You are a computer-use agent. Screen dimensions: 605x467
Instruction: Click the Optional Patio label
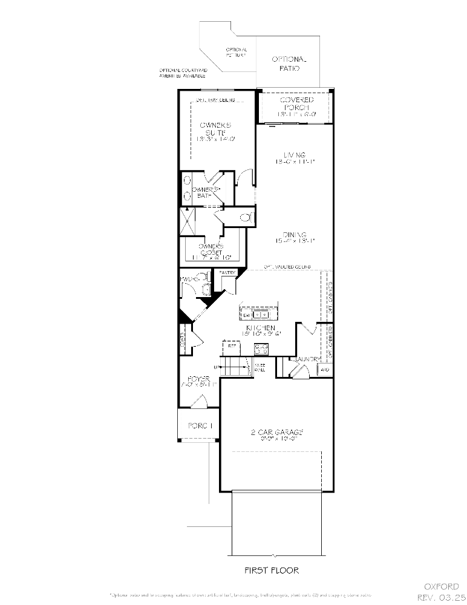[x=289, y=64]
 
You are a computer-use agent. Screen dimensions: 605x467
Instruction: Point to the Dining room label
[x=295, y=238]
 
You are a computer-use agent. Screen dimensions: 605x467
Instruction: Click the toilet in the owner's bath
[x=245, y=217]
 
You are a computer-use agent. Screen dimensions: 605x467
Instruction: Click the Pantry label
[x=227, y=273]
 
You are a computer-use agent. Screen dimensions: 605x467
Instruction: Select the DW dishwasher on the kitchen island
[x=247, y=315]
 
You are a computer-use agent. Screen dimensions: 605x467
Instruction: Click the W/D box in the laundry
[x=324, y=369]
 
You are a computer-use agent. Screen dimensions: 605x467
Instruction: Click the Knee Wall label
[x=260, y=367]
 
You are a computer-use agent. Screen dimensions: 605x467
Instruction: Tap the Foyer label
[x=199, y=382]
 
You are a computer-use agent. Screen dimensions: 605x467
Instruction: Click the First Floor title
[x=271, y=570]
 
